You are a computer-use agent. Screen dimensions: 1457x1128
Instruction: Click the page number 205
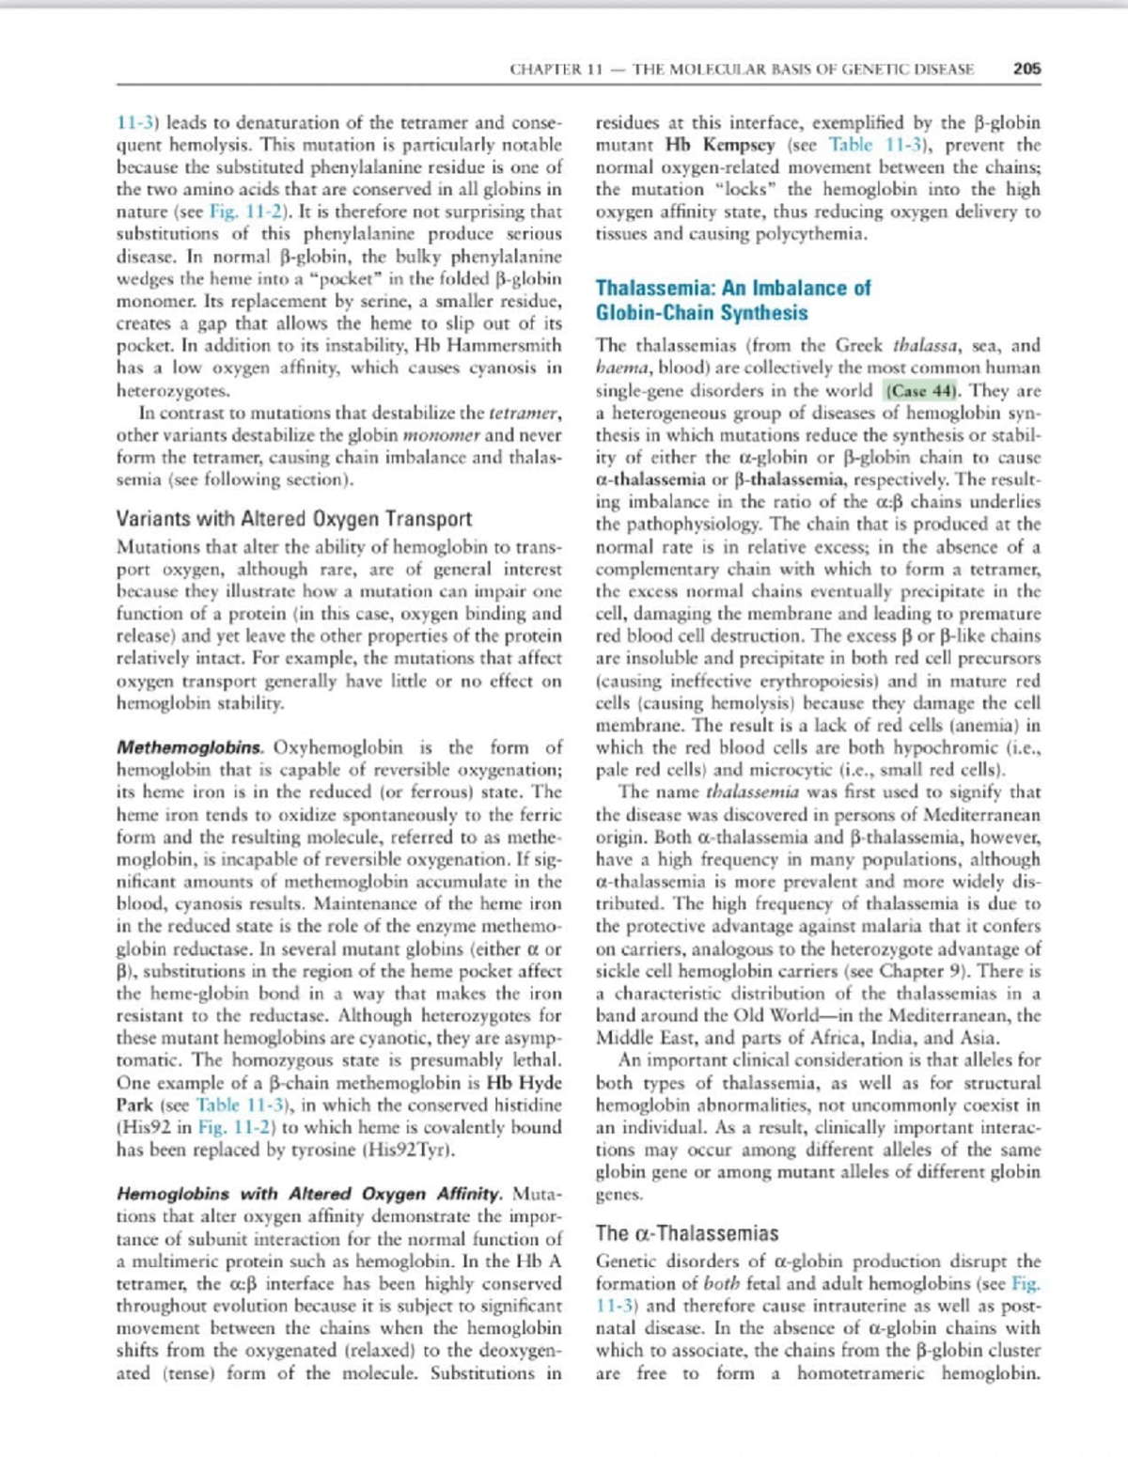(1026, 69)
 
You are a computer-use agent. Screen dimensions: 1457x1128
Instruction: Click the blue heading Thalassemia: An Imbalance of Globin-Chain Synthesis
(733, 301)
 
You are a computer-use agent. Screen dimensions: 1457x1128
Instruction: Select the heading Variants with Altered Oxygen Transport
(293, 519)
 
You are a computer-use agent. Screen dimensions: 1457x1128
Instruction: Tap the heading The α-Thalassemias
(687, 1233)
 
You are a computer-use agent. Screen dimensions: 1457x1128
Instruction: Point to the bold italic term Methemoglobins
(189, 748)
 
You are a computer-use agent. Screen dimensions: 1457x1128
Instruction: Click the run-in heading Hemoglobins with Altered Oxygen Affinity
(309, 1195)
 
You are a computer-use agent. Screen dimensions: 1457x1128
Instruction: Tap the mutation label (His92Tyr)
(412, 1150)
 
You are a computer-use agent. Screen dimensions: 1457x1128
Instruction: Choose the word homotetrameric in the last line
(860, 1373)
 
